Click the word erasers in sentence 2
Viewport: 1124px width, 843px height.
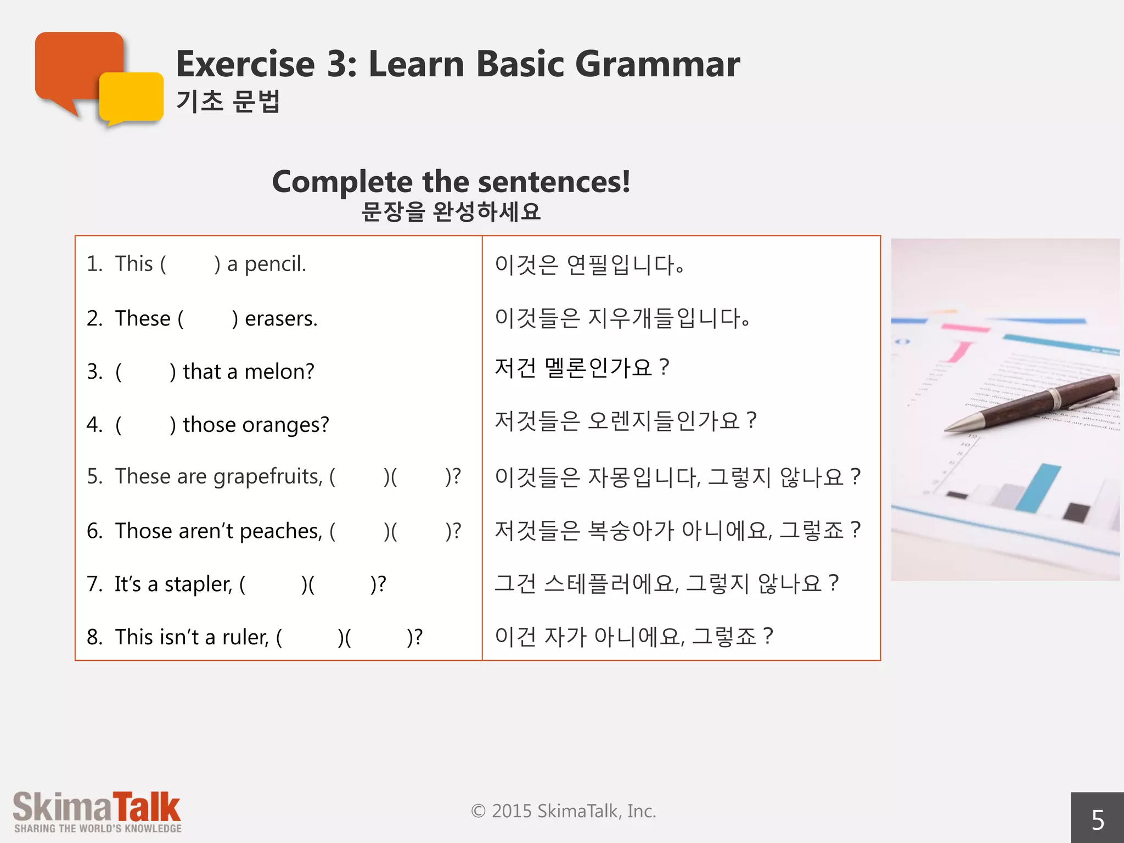[280, 318]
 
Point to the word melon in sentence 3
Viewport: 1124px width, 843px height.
[279, 372]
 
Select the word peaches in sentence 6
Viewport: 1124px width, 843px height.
[281, 531]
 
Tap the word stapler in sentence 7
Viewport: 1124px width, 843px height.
[198, 584]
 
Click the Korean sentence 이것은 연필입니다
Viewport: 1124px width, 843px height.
[589, 265]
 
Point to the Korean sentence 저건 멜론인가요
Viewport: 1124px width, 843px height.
[581, 367]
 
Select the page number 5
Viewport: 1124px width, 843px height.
[1097, 820]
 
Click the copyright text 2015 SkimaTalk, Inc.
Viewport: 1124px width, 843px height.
[564, 811]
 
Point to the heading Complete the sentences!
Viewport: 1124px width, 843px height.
[451, 182]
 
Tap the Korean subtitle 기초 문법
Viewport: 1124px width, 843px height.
[228, 102]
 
